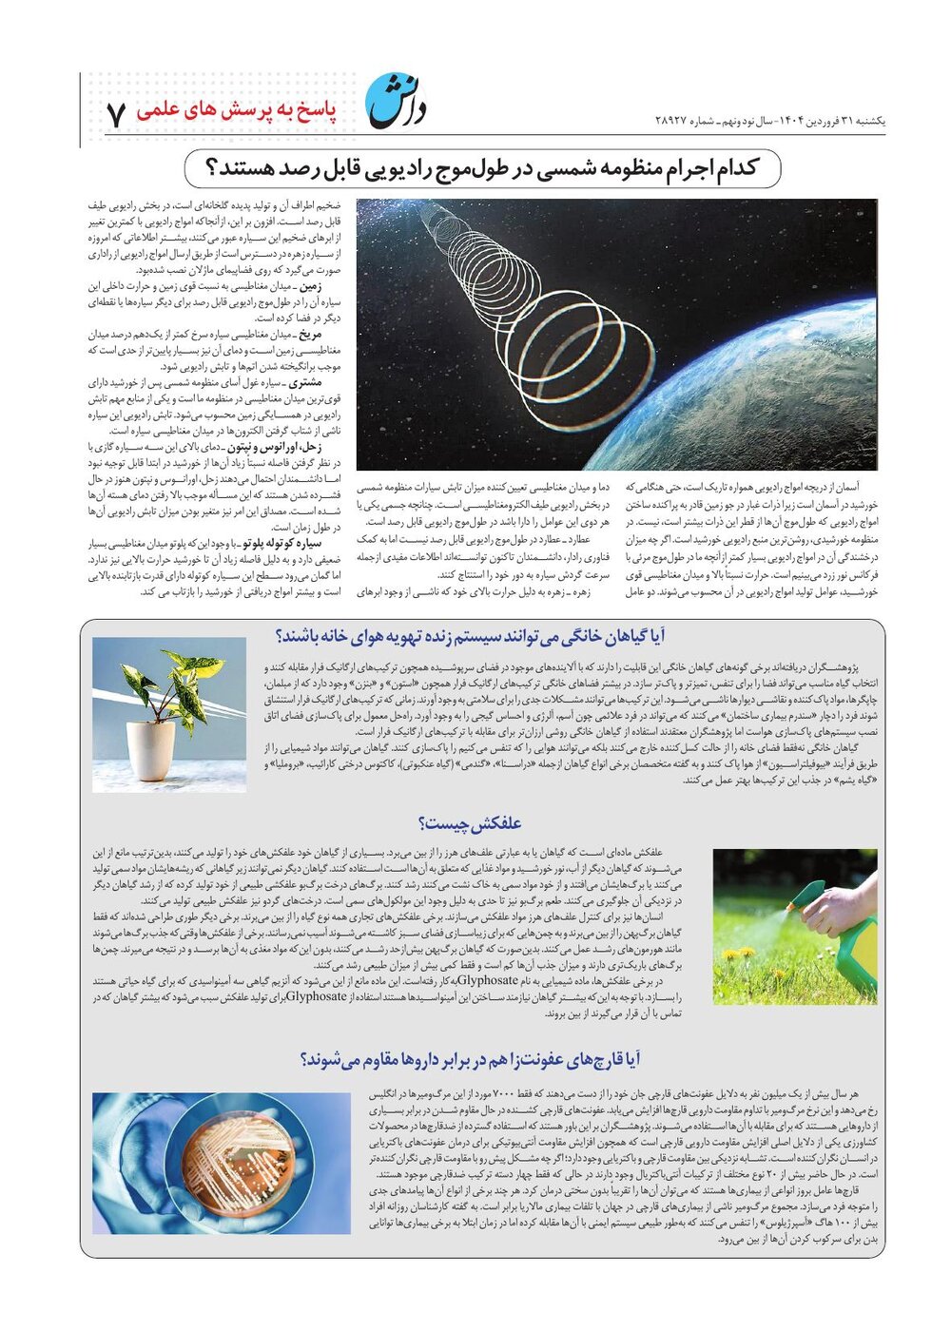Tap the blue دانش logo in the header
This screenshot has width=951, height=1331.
(397, 101)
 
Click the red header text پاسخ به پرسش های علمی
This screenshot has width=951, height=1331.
(237, 110)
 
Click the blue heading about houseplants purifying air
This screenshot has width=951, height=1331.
(470, 636)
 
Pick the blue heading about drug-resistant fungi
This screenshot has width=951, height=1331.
(470, 1059)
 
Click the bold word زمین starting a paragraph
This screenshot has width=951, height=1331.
(311, 285)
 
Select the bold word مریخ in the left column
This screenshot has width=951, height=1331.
(311, 335)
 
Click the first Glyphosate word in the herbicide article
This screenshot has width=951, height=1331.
(488, 979)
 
